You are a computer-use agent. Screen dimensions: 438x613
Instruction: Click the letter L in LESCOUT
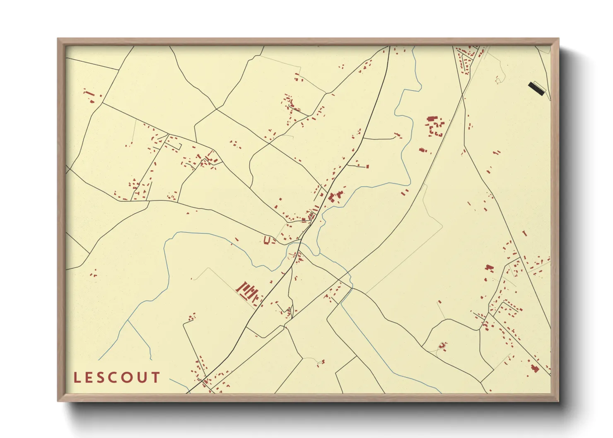click(77, 378)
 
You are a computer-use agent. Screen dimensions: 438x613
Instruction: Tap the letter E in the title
click(90, 378)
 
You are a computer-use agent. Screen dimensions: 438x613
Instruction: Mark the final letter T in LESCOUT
click(156, 378)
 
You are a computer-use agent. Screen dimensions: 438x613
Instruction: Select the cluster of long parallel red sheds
click(248, 291)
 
